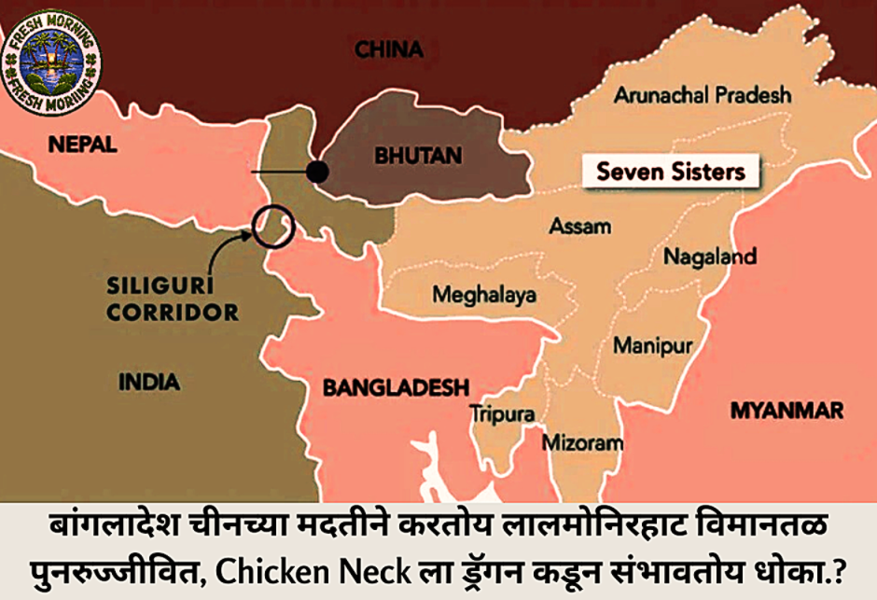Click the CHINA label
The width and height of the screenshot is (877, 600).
click(389, 49)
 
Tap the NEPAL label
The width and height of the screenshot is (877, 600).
click(83, 144)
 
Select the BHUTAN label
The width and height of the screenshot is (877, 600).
click(418, 155)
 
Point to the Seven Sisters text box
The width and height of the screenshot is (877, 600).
click(671, 171)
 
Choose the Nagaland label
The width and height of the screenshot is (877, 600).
click(709, 257)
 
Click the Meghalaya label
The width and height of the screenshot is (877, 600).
click(484, 295)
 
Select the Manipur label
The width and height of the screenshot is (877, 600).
click(652, 346)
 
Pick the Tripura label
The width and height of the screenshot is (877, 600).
click(502, 412)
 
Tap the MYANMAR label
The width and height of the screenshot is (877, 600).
click(787, 411)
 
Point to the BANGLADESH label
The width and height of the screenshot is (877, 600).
click(395, 387)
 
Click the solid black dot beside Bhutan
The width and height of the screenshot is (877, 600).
click(318, 172)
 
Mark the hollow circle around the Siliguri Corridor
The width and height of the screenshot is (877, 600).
click(273, 227)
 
